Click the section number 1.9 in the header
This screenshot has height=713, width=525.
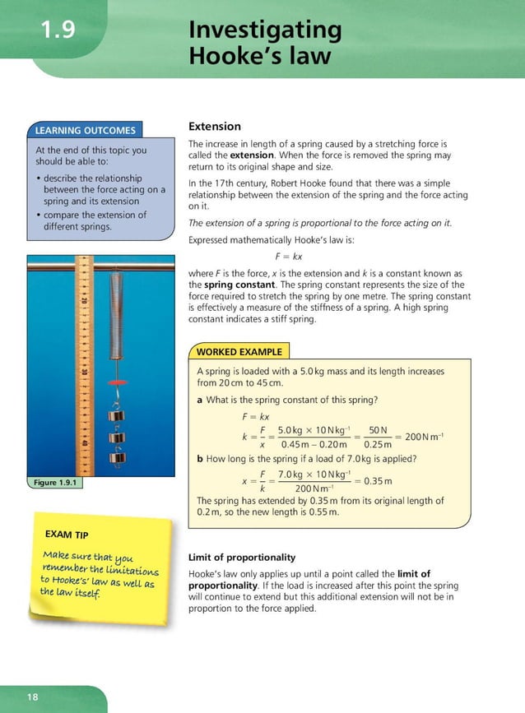click(x=58, y=30)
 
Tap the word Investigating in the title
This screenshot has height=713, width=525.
click(x=264, y=30)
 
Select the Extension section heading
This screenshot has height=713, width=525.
click(x=215, y=127)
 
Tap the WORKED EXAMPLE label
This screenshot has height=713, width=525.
click(x=239, y=351)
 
